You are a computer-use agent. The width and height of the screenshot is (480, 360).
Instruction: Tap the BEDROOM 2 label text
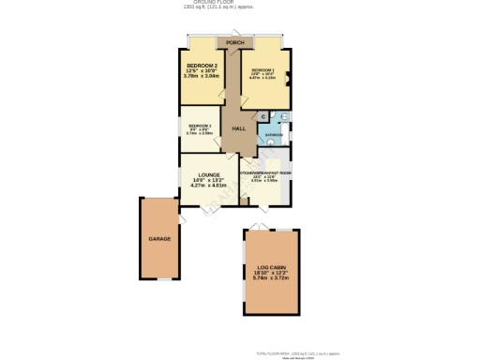click(202, 65)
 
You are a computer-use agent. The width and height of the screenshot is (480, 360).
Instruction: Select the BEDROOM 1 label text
click(262, 70)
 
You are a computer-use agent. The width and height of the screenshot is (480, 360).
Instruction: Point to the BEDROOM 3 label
click(199, 126)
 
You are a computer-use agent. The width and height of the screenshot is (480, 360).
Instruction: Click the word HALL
click(238, 128)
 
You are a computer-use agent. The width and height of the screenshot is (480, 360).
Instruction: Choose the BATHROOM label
click(274, 135)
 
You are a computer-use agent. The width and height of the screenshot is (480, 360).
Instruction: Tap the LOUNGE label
click(208, 174)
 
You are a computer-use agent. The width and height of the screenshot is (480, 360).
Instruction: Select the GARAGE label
click(158, 239)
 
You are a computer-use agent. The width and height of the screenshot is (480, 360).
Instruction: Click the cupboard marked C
click(264, 117)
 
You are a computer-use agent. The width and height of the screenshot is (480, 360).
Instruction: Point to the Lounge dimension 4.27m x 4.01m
click(210, 186)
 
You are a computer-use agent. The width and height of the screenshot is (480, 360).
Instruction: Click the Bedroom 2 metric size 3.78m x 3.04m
click(202, 76)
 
